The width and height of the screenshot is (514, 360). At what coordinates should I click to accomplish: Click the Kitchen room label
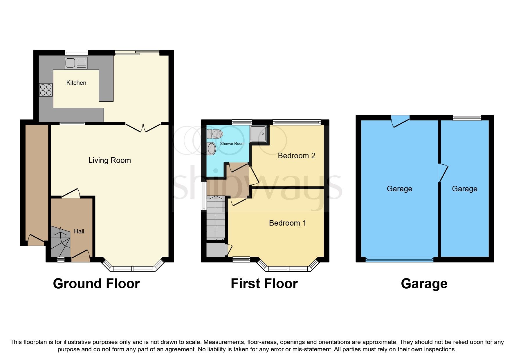click(x=76, y=83)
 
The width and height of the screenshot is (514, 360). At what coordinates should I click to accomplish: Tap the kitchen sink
click(x=76, y=63)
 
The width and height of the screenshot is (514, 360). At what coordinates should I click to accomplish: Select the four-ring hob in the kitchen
click(x=46, y=90)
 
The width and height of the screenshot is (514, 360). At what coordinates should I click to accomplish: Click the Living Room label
click(x=109, y=160)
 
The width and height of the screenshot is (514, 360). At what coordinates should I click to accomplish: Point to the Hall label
click(x=79, y=231)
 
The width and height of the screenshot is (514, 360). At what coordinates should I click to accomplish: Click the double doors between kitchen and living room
click(x=143, y=128)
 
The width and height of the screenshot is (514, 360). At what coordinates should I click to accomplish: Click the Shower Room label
click(x=232, y=143)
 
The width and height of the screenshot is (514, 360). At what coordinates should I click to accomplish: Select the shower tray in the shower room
click(x=258, y=134)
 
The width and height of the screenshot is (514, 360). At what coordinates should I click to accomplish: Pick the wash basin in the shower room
click(x=212, y=149)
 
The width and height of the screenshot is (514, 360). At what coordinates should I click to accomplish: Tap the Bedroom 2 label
click(x=296, y=156)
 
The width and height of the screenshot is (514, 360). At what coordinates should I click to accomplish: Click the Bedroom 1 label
click(x=287, y=223)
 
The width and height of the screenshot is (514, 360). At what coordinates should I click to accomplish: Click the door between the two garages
click(x=443, y=173)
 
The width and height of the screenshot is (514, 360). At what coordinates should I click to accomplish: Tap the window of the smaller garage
click(x=467, y=118)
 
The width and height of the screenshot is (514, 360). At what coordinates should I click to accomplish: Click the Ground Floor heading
click(x=96, y=284)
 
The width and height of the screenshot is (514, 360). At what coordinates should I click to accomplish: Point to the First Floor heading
click(x=264, y=284)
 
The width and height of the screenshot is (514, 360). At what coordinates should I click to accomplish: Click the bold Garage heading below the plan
click(x=424, y=284)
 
